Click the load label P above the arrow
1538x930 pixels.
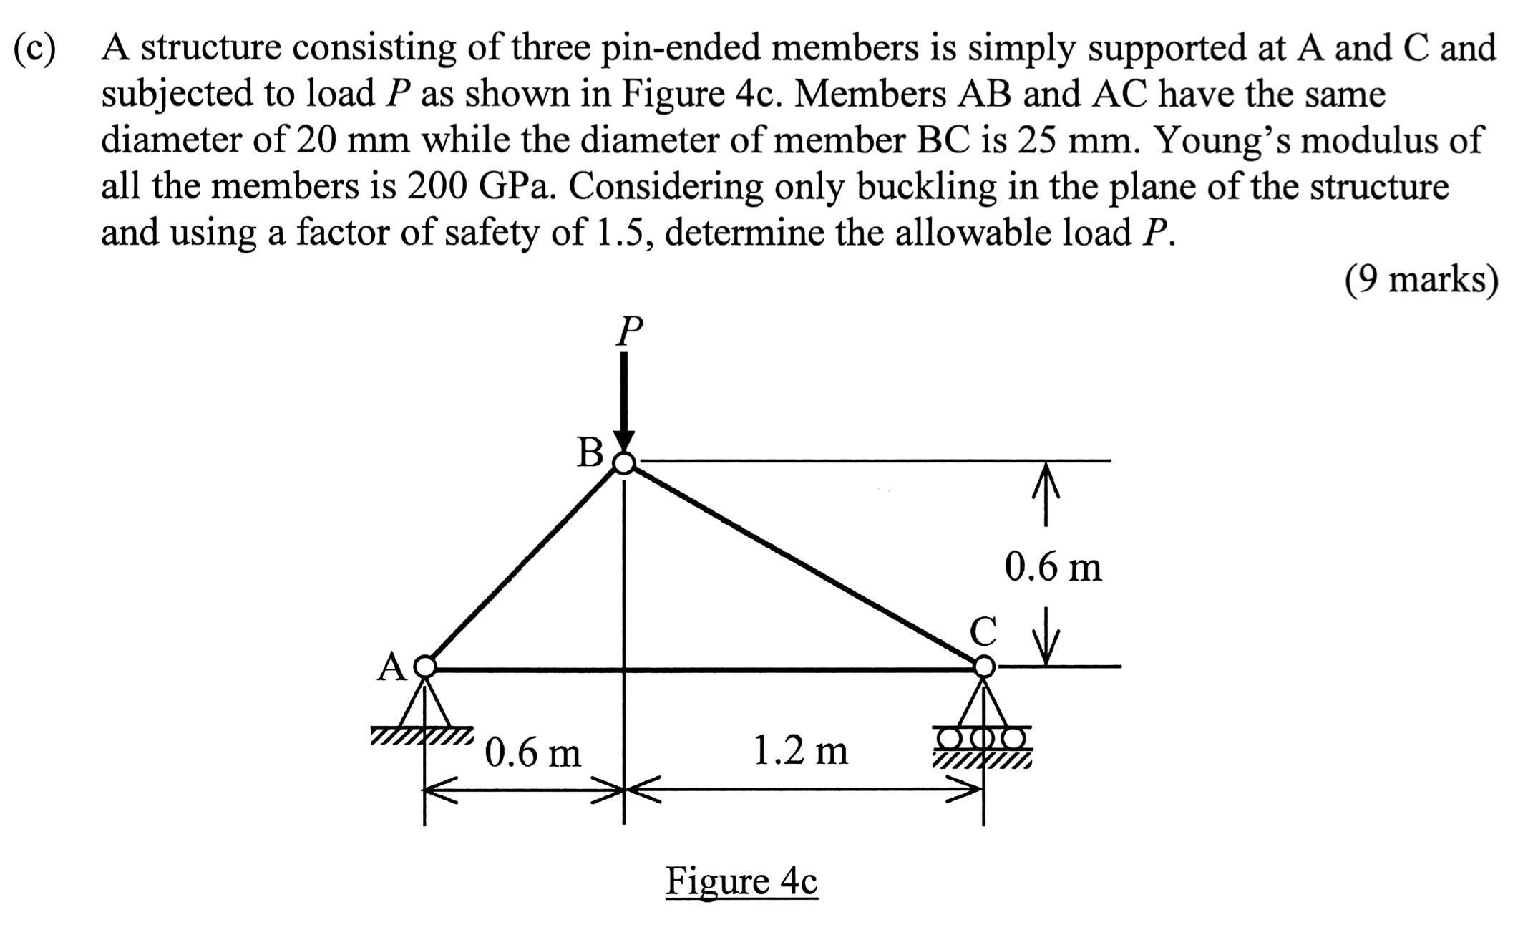pyautogui.click(x=629, y=331)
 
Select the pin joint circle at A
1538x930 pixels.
pyautogui.click(x=425, y=667)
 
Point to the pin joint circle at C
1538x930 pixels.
pyautogui.click(x=985, y=667)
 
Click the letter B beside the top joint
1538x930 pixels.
pyautogui.click(x=590, y=452)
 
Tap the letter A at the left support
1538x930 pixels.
pyautogui.click(x=391, y=667)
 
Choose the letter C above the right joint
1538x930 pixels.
pyautogui.click(x=983, y=631)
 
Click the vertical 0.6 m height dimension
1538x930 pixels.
pyautogui.click(x=1053, y=567)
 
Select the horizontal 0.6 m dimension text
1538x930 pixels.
pyautogui.click(x=532, y=752)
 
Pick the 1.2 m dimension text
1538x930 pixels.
pyautogui.click(x=801, y=750)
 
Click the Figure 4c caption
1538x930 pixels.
pyautogui.click(x=741, y=881)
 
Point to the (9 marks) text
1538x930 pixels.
pyautogui.click(x=1421, y=280)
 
